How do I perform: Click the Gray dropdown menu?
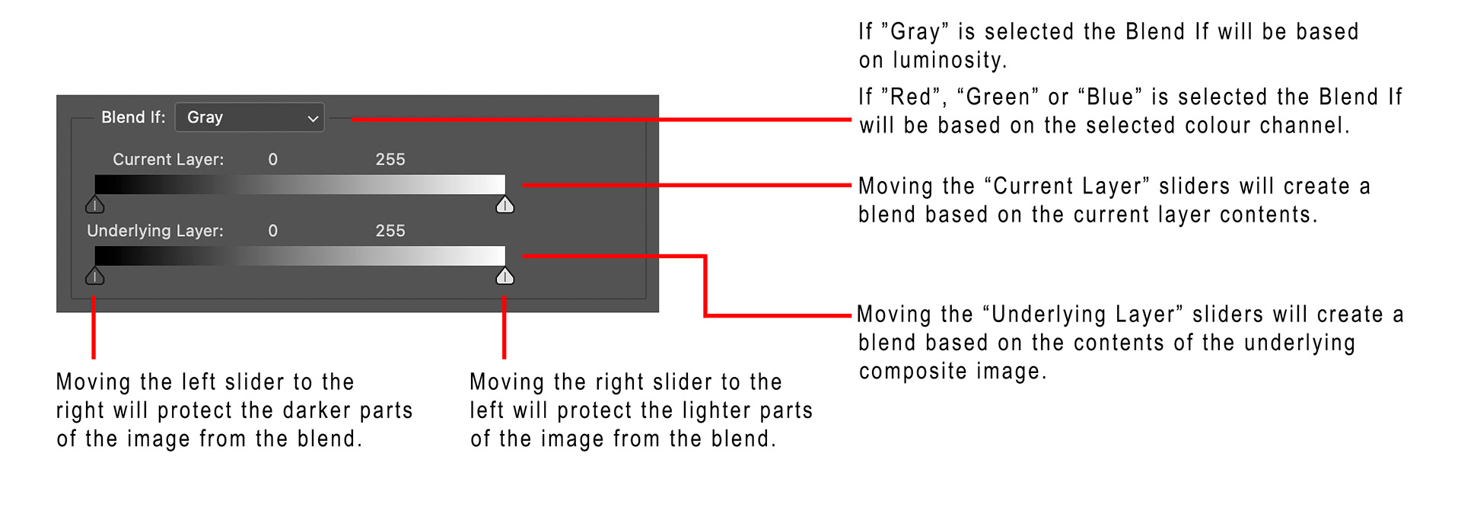(x=249, y=117)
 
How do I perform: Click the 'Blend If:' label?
(x=133, y=117)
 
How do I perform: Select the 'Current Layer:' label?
(x=168, y=159)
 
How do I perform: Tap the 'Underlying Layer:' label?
(x=155, y=231)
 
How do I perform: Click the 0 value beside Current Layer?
(x=273, y=159)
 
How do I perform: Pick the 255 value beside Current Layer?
(x=390, y=159)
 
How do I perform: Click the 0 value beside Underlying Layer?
(x=273, y=231)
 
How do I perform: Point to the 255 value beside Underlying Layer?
(x=390, y=231)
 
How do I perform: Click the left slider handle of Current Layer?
(x=95, y=204)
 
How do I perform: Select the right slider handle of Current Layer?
(x=505, y=204)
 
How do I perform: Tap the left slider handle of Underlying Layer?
(x=95, y=276)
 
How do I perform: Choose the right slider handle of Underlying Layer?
(x=505, y=276)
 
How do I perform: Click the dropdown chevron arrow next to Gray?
(x=312, y=119)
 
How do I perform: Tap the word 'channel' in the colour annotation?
(x=1304, y=125)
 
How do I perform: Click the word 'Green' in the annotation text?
(x=998, y=97)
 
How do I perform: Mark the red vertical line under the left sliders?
(x=94, y=327)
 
